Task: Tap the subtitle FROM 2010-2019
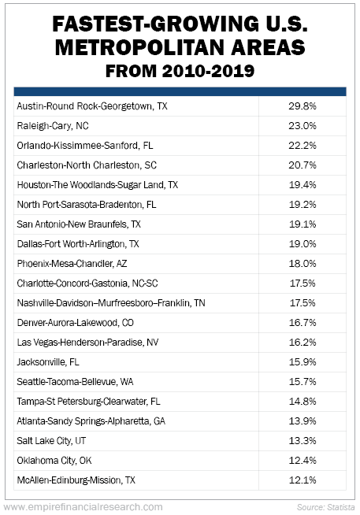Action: pyautogui.click(x=180, y=71)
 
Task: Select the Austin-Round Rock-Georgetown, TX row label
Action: pyautogui.click(x=92, y=106)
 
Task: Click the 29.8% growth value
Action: pyautogui.click(x=302, y=106)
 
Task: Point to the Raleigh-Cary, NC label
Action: pyautogui.click(x=53, y=126)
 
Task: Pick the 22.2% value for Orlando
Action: pyautogui.click(x=302, y=146)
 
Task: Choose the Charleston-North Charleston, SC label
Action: pyautogui.click(x=87, y=165)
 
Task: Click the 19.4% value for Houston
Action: pyautogui.click(x=302, y=184)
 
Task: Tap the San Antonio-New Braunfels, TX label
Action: pyautogui.click(x=79, y=224)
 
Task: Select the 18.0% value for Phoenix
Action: pyautogui.click(x=302, y=264)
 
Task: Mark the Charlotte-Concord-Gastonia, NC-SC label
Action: pyautogui.click(x=87, y=283)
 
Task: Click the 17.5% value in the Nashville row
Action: pyautogui.click(x=302, y=303)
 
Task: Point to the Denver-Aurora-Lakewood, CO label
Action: pyautogui.click(x=76, y=323)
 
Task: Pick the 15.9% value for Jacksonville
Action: pyautogui.click(x=302, y=362)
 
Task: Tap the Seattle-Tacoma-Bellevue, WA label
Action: pyautogui.click(x=75, y=382)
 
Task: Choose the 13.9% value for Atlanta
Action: pyautogui.click(x=302, y=421)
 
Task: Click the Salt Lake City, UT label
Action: pyautogui.click(x=51, y=441)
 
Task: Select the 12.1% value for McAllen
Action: pyautogui.click(x=302, y=480)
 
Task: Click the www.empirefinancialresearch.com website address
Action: pyautogui.click(x=84, y=507)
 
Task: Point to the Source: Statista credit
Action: pyautogui.click(x=326, y=507)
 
